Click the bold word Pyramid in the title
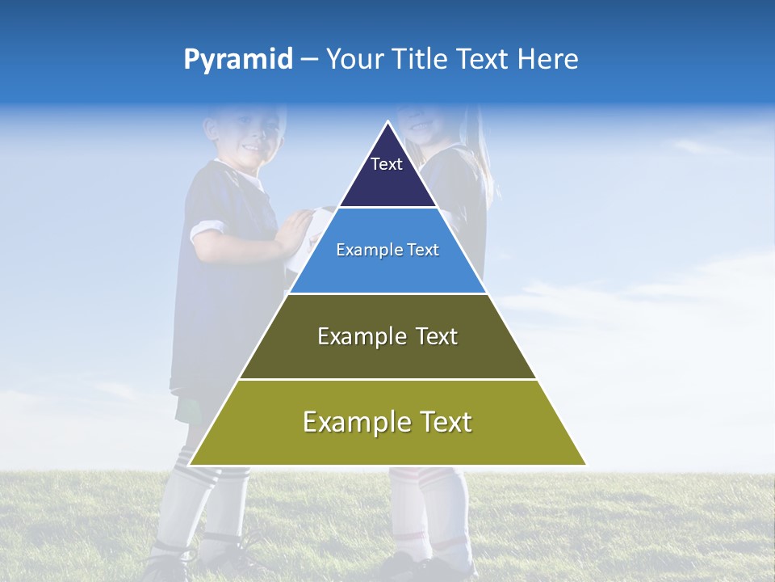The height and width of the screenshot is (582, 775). pos(238,60)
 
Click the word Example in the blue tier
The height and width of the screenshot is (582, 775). pos(362,250)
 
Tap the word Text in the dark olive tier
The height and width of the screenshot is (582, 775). pos(437,336)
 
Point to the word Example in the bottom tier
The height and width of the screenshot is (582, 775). pos(352,422)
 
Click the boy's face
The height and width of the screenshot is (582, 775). pos(246,133)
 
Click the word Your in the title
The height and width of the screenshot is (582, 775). pos(354,60)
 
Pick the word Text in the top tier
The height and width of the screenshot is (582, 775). pos(387,164)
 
